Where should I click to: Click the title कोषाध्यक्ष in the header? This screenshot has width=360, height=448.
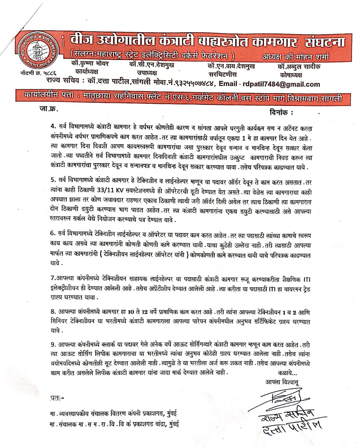tap(289, 75)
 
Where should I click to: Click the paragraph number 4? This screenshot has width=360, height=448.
tap(52, 128)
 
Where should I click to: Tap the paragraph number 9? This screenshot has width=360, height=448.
tap(52, 344)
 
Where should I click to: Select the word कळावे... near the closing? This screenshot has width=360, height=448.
tap(287, 373)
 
